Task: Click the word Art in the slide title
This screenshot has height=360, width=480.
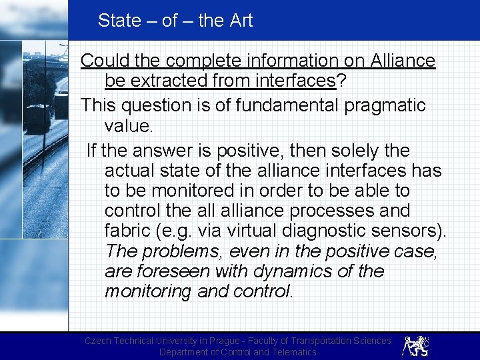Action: (241, 21)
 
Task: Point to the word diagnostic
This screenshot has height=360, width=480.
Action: (325, 231)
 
